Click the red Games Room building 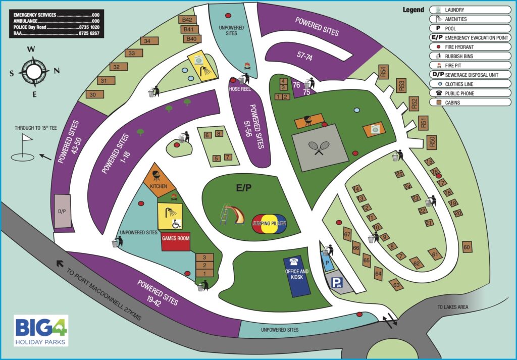pos(176,242)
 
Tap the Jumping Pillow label pos(269,223)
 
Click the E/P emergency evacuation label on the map pos(244,188)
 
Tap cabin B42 pos(188,20)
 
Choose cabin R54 pos(383,72)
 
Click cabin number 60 pos(467,247)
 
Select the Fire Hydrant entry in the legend pos(470,46)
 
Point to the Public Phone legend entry pos(470,93)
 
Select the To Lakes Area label pos(453,307)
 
